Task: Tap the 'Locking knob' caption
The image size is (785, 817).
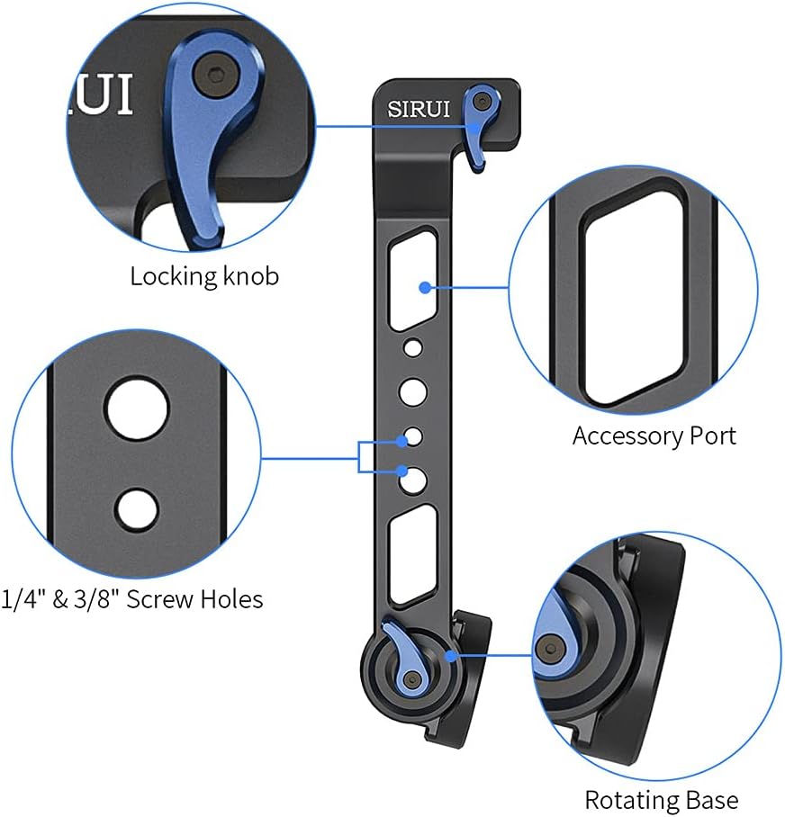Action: pyautogui.click(x=204, y=275)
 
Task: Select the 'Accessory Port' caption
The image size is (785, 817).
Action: pyautogui.click(x=654, y=436)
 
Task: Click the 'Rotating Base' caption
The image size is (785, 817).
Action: pyautogui.click(x=661, y=800)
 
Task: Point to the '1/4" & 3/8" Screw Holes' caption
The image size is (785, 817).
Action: pyautogui.click(x=133, y=598)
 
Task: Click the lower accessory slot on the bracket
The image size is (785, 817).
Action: pyautogui.click(x=412, y=553)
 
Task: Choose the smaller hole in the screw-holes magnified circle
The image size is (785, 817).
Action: pyautogui.click(x=137, y=509)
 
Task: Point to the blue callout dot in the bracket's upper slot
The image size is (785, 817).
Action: pyautogui.click(x=424, y=287)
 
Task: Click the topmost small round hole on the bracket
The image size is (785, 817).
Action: pyautogui.click(x=411, y=346)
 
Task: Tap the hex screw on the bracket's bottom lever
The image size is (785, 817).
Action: pyautogui.click(x=412, y=678)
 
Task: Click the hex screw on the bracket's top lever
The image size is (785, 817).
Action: pyautogui.click(x=484, y=97)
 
